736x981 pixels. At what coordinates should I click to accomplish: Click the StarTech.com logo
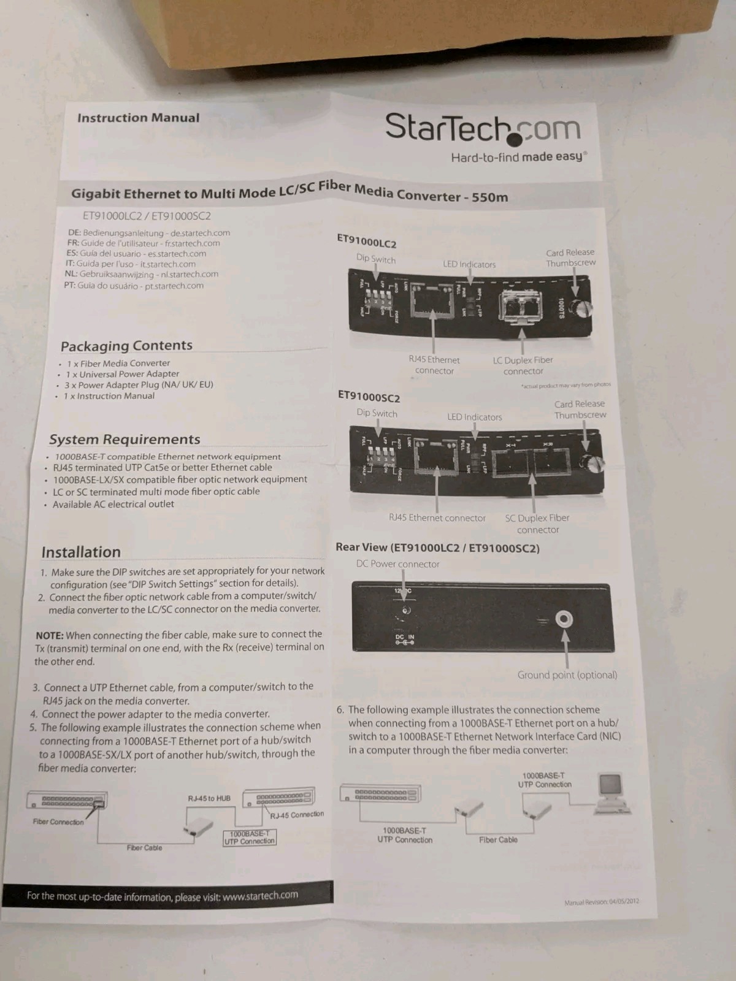(482, 128)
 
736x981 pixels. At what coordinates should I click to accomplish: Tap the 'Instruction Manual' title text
(138, 118)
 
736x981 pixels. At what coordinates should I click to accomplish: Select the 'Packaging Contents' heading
(126, 345)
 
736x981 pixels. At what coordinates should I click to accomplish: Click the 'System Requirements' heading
(125, 439)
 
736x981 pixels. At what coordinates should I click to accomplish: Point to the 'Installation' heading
(81, 552)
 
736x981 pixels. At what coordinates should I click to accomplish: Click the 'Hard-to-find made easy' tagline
(518, 157)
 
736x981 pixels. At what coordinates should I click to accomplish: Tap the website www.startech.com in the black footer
(260, 895)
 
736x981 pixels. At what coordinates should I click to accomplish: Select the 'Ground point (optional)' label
(567, 675)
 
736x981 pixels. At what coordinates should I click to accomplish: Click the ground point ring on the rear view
(564, 619)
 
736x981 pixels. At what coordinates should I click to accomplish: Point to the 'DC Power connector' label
(397, 564)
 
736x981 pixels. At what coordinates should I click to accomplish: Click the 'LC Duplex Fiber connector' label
(523, 365)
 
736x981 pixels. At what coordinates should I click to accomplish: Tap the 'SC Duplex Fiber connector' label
(537, 524)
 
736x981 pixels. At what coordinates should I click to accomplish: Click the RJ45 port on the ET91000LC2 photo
(434, 299)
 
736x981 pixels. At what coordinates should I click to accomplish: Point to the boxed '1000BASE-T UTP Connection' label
(250, 838)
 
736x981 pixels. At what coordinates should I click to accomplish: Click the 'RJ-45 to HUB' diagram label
(209, 798)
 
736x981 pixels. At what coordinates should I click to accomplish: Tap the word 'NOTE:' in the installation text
(50, 636)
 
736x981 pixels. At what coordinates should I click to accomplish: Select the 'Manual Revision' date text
(601, 902)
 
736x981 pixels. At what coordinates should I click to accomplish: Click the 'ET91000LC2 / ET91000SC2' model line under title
(147, 216)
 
